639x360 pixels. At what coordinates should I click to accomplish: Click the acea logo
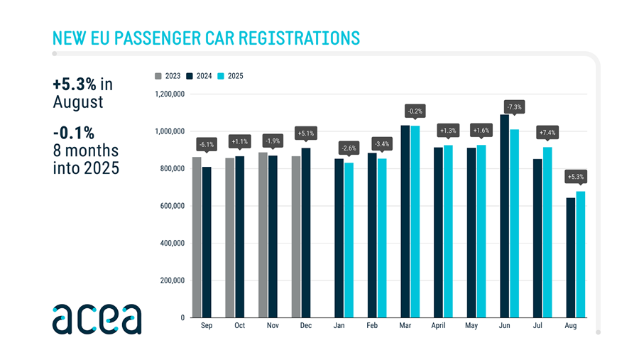tap(97, 319)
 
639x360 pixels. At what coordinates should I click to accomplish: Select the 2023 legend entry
tap(167, 76)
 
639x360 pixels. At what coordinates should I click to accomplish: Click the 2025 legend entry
tap(231, 76)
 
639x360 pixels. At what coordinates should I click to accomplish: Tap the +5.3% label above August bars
tap(576, 177)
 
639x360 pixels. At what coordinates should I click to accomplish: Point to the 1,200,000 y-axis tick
tap(169, 94)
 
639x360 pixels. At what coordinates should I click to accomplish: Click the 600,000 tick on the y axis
tap(171, 206)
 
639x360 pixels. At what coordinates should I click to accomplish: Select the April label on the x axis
tap(439, 326)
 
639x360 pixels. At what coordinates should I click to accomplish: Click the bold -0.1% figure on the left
tap(73, 133)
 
